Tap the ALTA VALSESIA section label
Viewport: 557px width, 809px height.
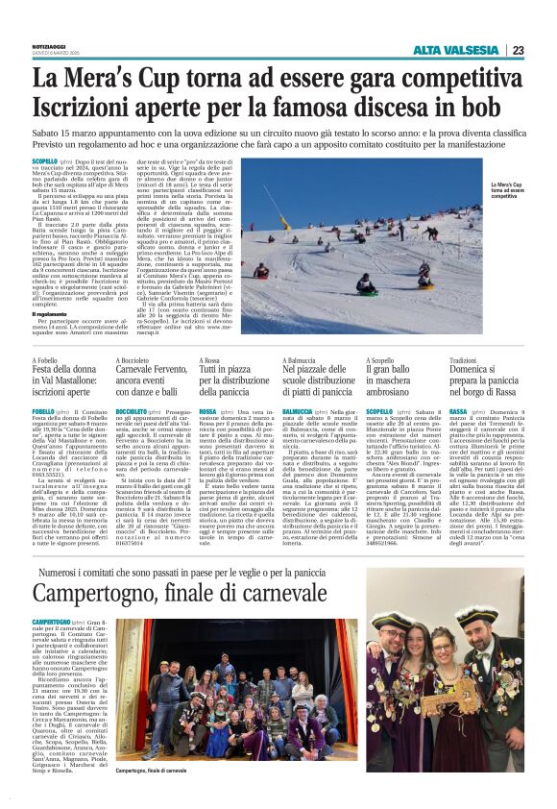coord(456,50)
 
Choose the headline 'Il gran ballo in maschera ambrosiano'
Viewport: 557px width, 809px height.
coord(394,379)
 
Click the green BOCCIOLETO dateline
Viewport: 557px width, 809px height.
coord(129,410)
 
